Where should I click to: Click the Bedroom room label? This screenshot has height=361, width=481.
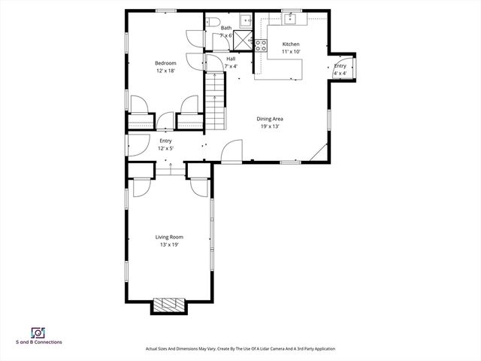click(x=165, y=63)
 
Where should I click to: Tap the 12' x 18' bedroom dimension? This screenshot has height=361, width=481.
click(x=165, y=71)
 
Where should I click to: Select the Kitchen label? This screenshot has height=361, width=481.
click(x=291, y=44)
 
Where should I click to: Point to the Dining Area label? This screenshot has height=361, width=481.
click(x=270, y=119)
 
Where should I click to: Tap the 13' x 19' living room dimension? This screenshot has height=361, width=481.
click(x=169, y=244)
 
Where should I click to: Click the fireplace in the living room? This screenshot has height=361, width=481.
click(x=169, y=305)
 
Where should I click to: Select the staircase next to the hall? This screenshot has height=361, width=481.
click(x=215, y=105)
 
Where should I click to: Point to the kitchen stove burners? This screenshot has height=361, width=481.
click(x=261, y=47)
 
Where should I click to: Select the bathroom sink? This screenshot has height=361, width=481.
click(x=246, y=21)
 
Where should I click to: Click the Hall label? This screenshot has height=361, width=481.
click(x=231, y=59)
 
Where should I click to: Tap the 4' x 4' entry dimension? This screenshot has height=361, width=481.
click(x=340, y=74)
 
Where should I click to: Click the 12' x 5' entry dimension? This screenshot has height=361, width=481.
click(x=165, y=149)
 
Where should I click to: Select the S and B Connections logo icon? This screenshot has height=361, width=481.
click(x=37, y=332)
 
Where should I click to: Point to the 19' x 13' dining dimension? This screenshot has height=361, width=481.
click(x=270, y=126)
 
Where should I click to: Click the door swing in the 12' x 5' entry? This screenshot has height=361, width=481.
click(x=136, y=147)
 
